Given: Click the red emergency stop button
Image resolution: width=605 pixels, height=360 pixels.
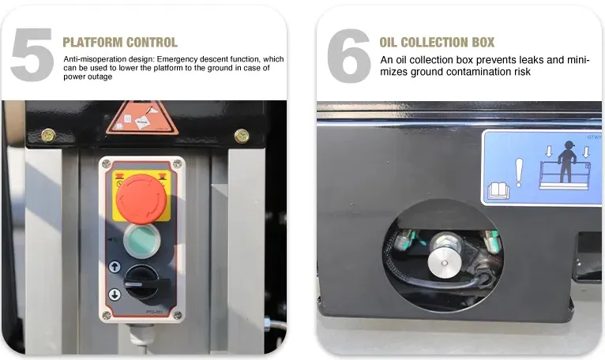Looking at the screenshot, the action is click(x=141, y=199).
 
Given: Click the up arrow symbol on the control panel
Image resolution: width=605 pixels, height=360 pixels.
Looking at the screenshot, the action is click(x=115, y=267).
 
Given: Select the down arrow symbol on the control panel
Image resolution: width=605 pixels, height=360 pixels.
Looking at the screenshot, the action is click(x=115, y=294).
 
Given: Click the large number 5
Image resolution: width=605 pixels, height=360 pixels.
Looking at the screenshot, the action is click(x=32, y=54).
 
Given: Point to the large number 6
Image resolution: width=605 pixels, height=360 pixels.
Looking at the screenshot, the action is click(x=349, y=55).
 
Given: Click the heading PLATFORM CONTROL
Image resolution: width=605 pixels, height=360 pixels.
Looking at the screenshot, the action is click(x=120, y=42).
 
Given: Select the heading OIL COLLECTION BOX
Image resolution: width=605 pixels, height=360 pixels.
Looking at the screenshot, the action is click(x=437, y=42).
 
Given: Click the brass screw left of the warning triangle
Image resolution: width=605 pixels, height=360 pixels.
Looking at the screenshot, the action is click(x=48, y=135).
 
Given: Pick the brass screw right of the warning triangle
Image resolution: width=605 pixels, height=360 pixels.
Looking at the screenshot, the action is click(x=242, y=136).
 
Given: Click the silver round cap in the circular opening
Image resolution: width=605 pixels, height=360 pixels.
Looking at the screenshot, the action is click(x=445, y=263).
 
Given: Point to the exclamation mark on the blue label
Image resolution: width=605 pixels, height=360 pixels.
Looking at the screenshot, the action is click(x=519, y=173).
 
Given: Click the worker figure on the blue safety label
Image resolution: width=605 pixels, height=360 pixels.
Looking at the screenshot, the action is click(x=567, y=161).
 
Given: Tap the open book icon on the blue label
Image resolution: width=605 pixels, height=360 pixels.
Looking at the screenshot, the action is click(x=498, y=190).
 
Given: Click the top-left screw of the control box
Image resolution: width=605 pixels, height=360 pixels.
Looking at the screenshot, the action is click(x=107, y=164).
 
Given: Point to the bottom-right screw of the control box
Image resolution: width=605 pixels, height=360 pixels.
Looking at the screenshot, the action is click(x=178, y=315).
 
